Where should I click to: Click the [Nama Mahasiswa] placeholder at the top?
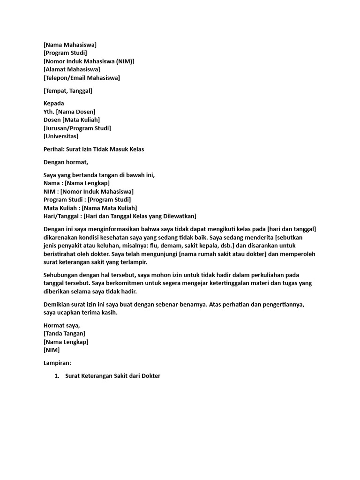tap(70, 45)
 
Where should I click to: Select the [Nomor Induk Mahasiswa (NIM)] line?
tap(89, 61)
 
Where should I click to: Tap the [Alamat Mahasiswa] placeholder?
tap(72, 69)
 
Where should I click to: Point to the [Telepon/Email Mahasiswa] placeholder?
tap(82, 78)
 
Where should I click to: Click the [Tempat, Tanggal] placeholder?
tap(67, 90)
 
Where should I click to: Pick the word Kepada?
tap(54, 103)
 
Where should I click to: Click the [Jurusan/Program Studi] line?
tap(77, 128)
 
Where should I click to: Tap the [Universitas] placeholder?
tap(61, 136)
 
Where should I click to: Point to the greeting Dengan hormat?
tap(66, 162)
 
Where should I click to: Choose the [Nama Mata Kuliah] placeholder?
tap(110, 208)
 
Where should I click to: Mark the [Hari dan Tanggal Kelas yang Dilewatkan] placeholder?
tap(140, 216)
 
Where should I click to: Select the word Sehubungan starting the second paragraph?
tap(62, 275)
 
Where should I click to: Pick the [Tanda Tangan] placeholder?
tap(64, 333)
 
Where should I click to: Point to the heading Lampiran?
tap(57, 363)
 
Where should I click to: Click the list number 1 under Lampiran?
tap(56, 376)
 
